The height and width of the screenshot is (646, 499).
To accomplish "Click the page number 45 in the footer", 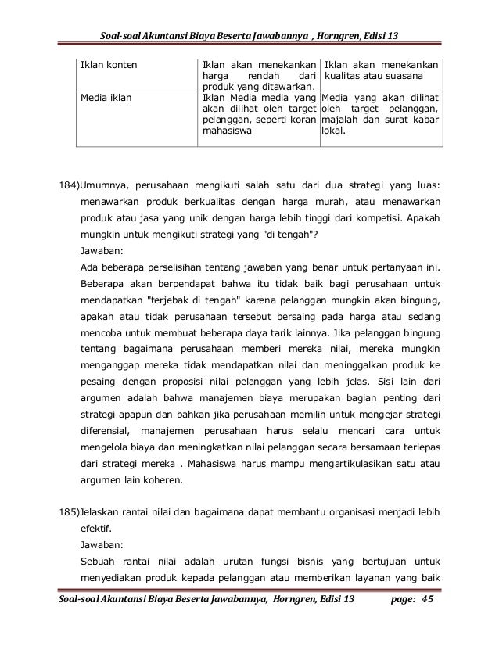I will pyautogui.click(x=426, y=620).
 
